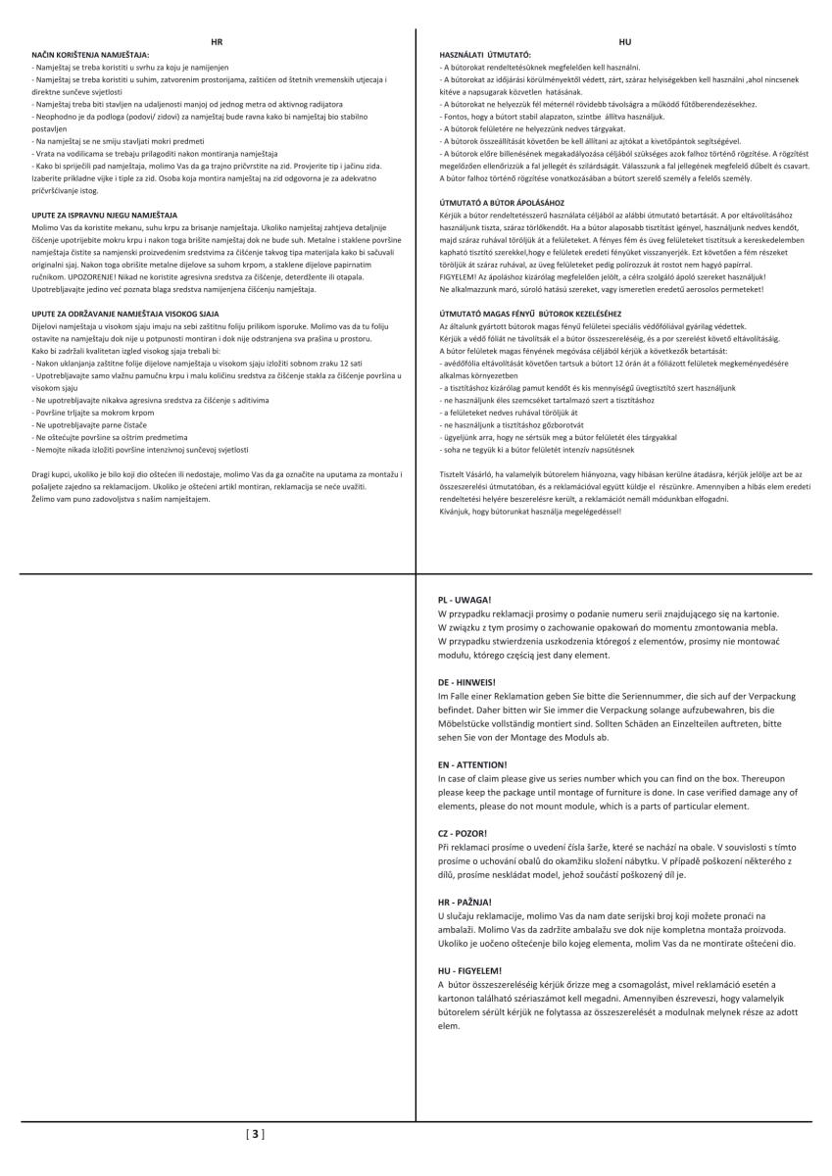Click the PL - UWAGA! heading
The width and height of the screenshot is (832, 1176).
465,598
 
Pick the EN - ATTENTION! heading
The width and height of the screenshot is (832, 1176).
472,763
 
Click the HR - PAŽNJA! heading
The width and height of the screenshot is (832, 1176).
465,901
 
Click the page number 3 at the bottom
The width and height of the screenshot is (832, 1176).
255,1135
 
